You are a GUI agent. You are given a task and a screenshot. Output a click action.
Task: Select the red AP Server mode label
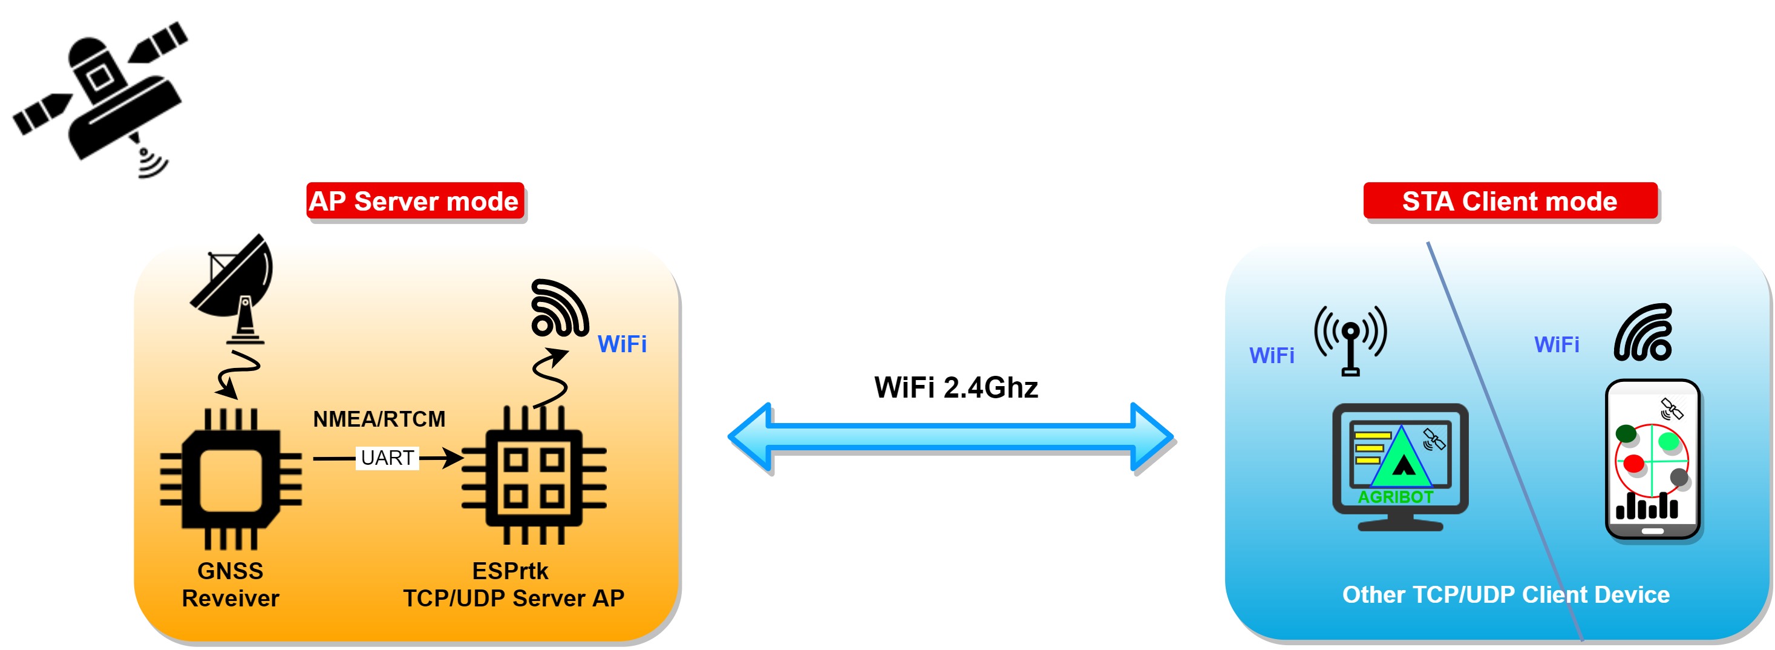414,202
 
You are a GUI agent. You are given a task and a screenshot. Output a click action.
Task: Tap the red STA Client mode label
1509,202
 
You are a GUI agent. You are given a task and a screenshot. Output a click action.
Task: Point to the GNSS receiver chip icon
231,479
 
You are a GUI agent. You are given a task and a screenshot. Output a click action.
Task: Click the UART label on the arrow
387,458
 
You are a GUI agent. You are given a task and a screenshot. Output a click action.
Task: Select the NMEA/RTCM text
379,419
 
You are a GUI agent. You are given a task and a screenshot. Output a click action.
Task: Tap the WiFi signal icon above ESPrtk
559,308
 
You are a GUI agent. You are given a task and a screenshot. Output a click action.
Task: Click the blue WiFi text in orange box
621,344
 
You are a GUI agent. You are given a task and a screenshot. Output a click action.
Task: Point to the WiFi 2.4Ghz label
956,387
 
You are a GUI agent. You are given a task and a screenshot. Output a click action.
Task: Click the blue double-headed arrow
951,437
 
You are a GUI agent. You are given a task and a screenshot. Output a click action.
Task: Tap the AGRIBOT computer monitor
1399,466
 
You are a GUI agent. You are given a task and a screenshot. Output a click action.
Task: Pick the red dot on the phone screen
1633,463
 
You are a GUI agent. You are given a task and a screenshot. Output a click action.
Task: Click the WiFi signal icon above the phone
1644,333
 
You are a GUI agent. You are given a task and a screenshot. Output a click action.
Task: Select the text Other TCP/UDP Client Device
1506,594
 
